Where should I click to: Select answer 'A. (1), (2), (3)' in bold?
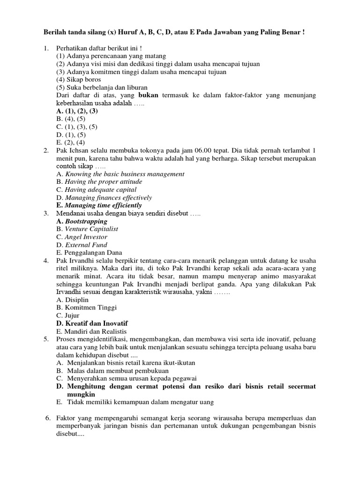tap(77, 111)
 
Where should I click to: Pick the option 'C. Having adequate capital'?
tap(96, 190)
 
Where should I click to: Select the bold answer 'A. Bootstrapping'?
tap(82, 221)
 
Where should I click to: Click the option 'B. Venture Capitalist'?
tap(87, 229)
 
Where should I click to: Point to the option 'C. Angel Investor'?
tap(82, 237)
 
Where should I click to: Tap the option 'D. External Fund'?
tap(82, 245)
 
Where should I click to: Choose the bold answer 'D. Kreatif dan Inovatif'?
tap(92, 324)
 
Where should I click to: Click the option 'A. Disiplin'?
tap(72, 300)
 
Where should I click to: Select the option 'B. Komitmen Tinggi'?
tap(86, 308)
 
